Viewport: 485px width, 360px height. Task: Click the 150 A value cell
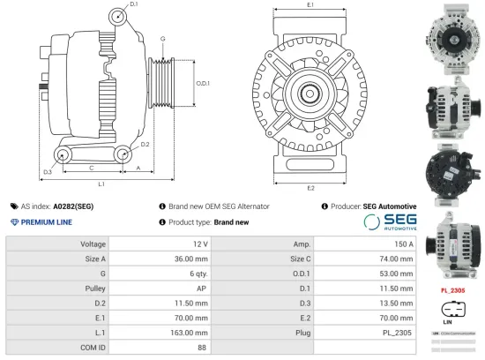click(x=401, y=244)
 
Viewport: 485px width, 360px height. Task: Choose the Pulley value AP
click(x=202, y=289)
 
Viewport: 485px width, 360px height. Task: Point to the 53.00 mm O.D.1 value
click(x=396, y=274)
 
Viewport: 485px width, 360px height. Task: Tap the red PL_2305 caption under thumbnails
click(x=452, y=289)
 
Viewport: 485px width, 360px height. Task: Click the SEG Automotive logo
click(x=389, y=221)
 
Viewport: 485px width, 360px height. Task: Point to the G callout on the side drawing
click(x=162, y=40)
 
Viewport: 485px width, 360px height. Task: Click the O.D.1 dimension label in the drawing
click(x=202, y=83)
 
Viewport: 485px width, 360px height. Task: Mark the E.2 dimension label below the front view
click(x=310, y=188)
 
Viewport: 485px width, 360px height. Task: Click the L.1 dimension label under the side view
click(x=101, y=184)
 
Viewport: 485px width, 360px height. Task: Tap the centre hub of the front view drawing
click(x=310, y=92)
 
